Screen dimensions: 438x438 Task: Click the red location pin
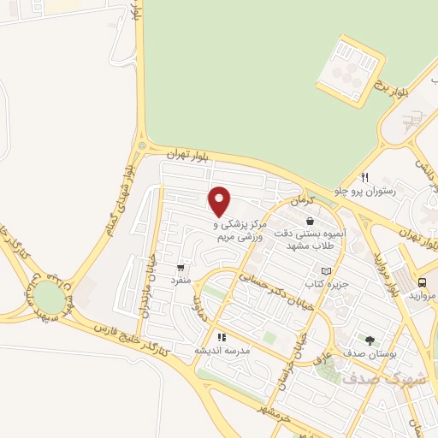(220, 201)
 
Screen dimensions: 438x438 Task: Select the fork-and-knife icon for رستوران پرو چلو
(364, 177)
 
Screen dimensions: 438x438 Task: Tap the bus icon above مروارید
(423, 282)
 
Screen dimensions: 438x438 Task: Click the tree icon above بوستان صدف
(370, 340)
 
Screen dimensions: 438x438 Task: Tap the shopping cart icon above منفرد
(180, 266)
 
